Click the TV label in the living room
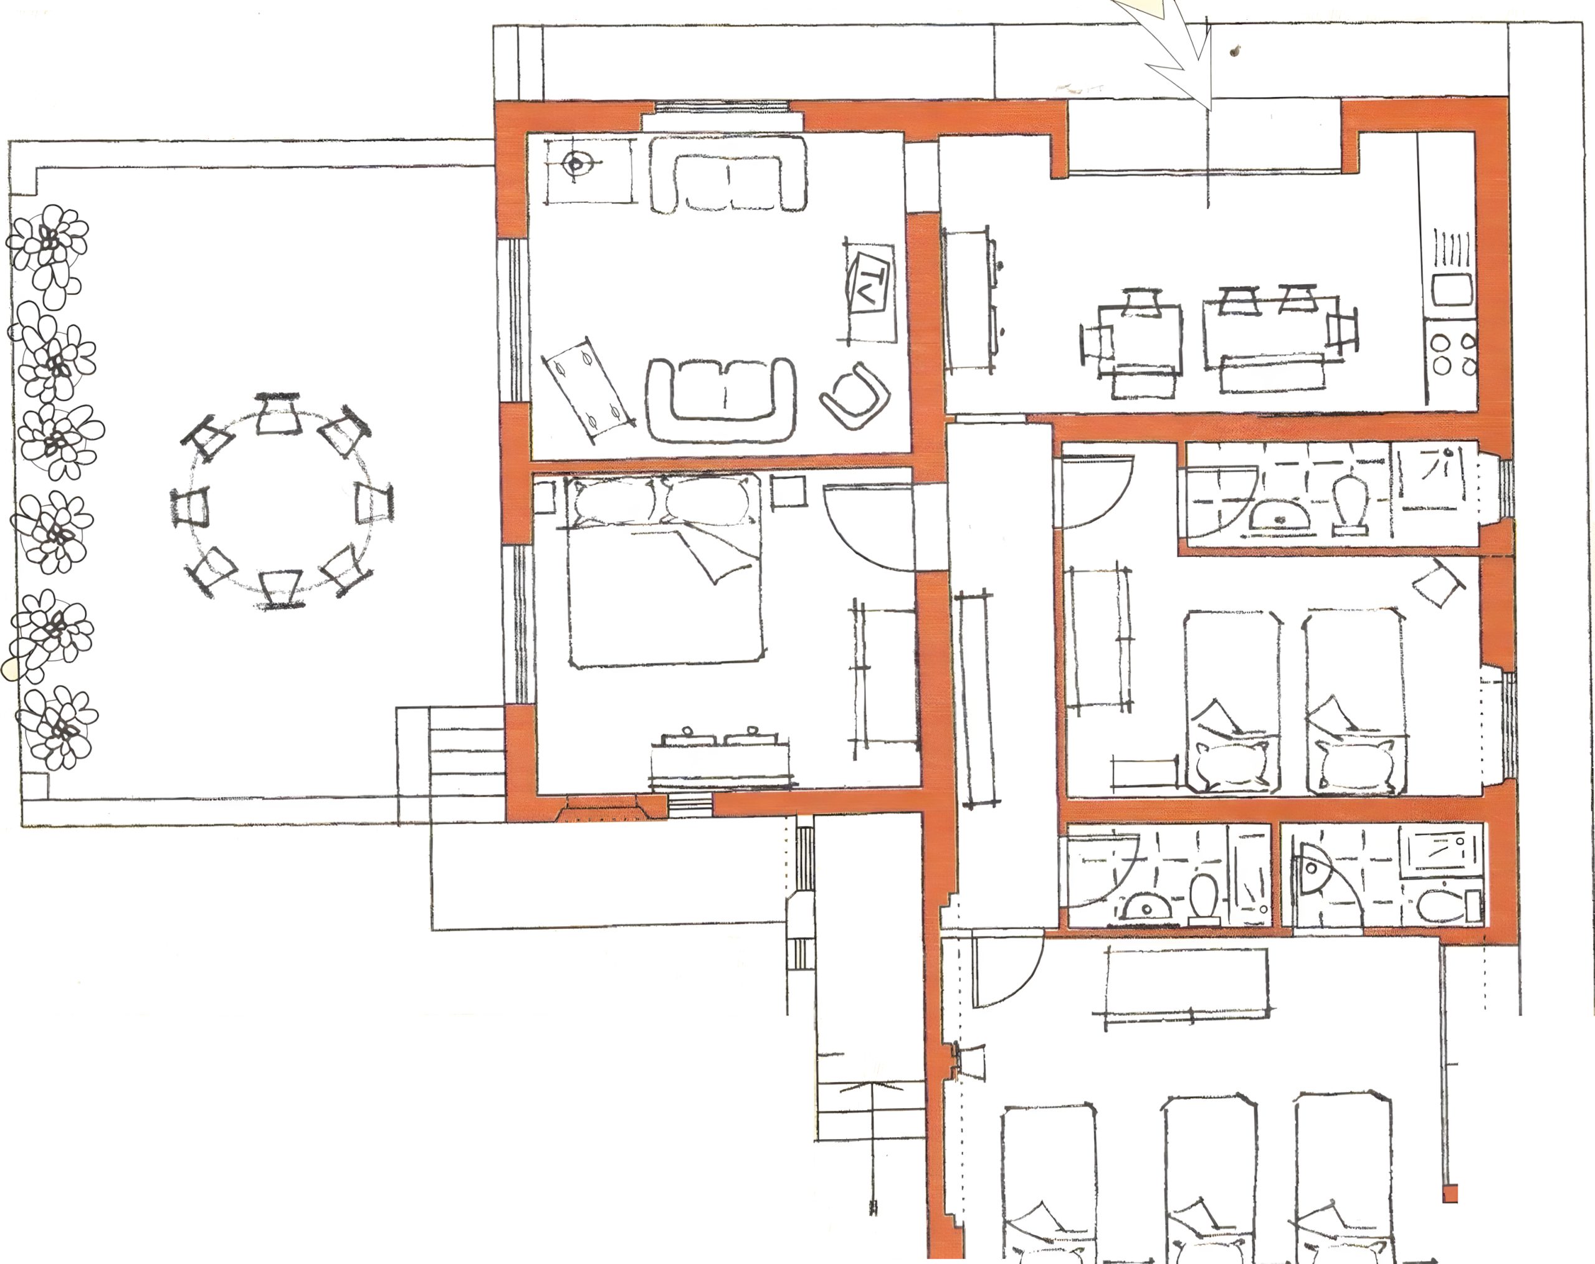point(871,284)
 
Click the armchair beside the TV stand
point(854,395)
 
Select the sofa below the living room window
point(729,175)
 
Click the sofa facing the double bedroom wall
point(721,400)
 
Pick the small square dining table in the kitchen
point(1140,336)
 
